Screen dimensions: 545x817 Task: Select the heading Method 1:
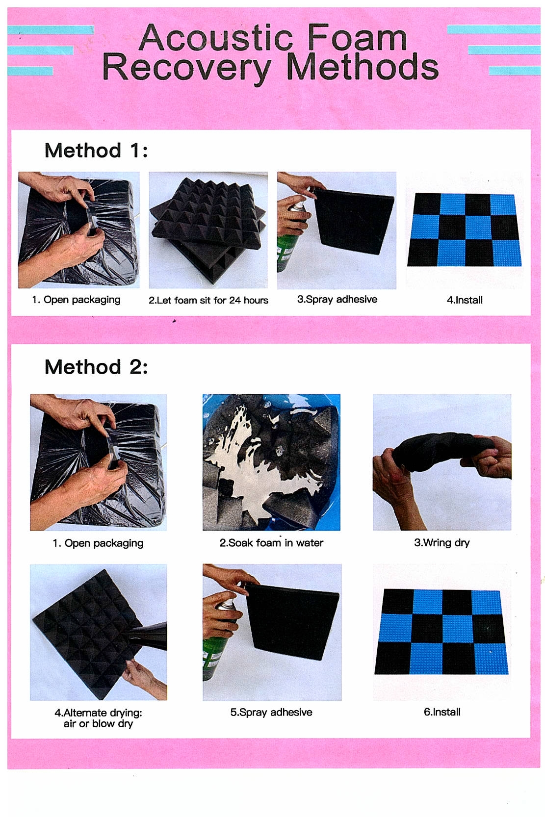(x=96, y=150)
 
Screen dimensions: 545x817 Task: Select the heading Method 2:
(x=96, y=366)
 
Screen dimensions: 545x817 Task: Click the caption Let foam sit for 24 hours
(x=208, y=300)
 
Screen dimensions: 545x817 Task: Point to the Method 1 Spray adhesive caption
(x=337, y=300)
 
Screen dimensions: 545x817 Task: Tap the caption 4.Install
(x=465, y=300)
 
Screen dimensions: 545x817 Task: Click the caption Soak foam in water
(x=271, y=542)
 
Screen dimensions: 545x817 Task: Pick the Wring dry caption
(x=442, y=543)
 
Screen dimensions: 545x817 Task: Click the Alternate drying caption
(x=98, y=718)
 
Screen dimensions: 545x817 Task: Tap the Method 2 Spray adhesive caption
(x=271, y=713)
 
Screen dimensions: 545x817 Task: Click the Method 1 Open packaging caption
(x=76, y=300)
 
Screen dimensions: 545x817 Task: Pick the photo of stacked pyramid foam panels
(x=208, y=230)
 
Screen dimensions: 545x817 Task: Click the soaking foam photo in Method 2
(x=271, y=462)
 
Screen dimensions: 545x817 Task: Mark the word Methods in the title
(x=362, y=66)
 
